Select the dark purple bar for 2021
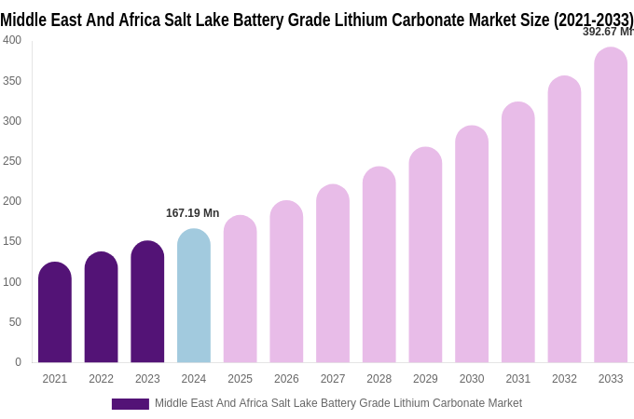pos(55,313)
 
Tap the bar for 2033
pos(611,205)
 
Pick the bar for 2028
pos(379,265)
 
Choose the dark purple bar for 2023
pos(147,302)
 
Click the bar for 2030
pos(472,245)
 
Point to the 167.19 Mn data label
pos(192,213)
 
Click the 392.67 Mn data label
pos(607,32)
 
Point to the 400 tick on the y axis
pos(12,40)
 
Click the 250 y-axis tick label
pos(12,161)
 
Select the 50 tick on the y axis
pos(15,322)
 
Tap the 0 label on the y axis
pos(18,362)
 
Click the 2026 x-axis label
pos(286,379)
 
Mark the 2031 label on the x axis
pos(518,379)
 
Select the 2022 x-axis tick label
pos(101,379)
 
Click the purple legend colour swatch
pos(131,404)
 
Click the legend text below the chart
pos(338,403)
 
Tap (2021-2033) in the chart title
pos(593,20)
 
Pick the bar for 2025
pos(240,290)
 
